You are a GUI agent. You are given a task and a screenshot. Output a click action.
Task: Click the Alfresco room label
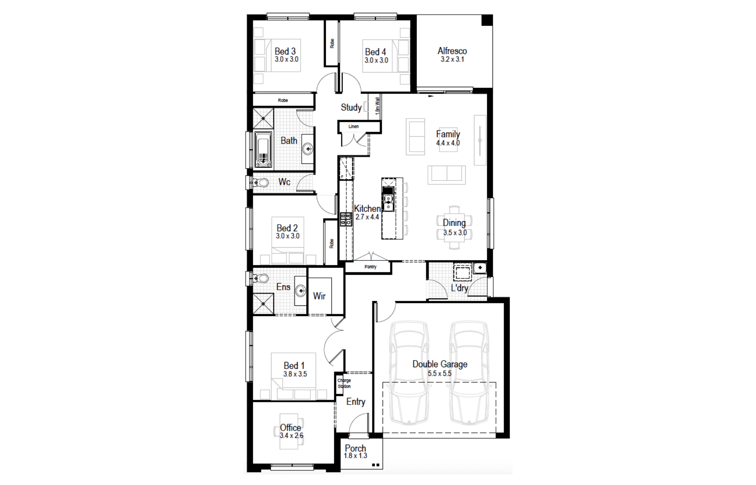click(452, 51)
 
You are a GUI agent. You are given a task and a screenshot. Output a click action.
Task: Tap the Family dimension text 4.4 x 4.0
click(448, 143)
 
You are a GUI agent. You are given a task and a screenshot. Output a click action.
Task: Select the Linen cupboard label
click(353, 126)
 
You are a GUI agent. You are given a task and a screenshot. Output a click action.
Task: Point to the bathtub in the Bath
click(263, 149)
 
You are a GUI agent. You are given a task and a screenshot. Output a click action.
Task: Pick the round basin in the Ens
click(301, 291)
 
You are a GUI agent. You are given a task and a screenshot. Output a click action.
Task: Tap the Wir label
click(319, 296)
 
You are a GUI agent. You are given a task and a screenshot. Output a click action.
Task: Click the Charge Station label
click(344, 383)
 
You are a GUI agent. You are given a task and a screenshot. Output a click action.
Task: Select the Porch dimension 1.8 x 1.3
click(355, 456)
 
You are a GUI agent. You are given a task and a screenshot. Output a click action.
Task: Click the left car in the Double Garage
click(409, 373)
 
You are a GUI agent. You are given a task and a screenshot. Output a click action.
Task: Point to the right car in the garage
click(469, 373)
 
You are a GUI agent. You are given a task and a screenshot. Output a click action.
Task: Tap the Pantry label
click(370, 267)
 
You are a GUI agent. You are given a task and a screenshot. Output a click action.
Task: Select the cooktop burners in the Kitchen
click(346, 220)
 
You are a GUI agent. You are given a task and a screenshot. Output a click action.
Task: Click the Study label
click(351, 108)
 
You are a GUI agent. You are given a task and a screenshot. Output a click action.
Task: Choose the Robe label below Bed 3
click(283, 100)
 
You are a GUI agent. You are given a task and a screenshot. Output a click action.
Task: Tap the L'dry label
click(460, 288)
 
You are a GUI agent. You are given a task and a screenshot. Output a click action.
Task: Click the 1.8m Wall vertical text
click(377, 106)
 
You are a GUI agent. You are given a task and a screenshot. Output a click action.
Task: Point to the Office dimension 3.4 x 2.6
click(291, 436)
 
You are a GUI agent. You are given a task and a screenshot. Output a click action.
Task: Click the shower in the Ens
click(263, 304)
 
